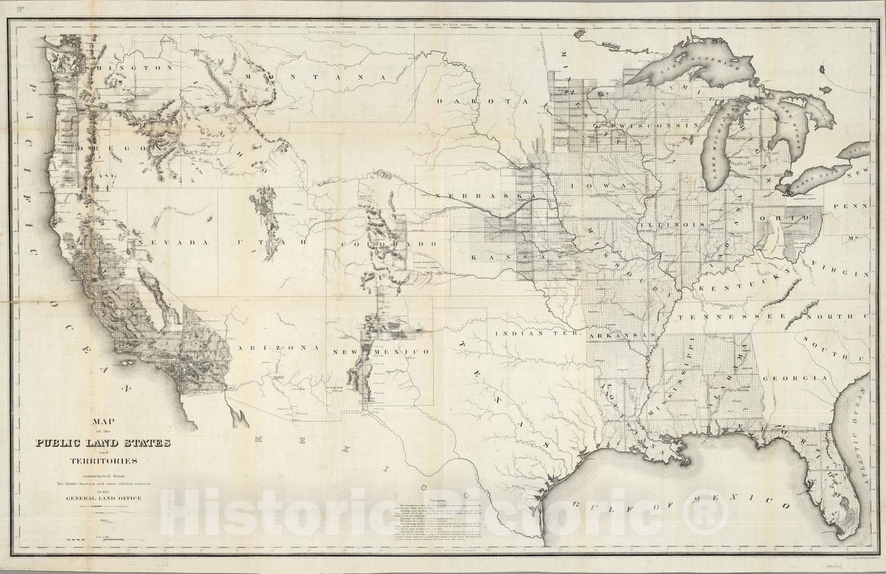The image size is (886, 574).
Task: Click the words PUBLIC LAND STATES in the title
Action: point(104,443)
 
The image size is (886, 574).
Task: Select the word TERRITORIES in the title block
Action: point(104,460)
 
